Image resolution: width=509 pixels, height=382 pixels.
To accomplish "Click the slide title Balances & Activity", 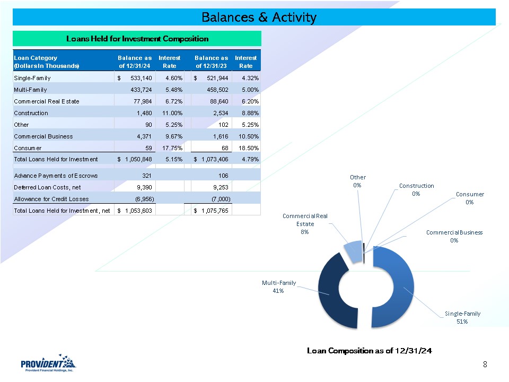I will (259, 18).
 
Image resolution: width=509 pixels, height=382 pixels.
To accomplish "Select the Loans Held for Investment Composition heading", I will (137, 39).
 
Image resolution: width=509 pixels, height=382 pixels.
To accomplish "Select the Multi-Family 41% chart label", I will (279, 286).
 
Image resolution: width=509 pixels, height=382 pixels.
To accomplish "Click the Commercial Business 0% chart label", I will (454, 236).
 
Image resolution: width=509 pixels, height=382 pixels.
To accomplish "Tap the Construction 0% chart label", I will (416, 189).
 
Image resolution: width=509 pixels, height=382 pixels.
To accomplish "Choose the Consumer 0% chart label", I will (470, 198).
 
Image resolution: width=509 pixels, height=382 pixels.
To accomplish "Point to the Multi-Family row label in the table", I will (30, 90).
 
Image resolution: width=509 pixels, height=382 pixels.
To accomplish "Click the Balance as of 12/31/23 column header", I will (211, 62).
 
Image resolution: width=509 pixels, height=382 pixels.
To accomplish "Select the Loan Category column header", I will (46, 62).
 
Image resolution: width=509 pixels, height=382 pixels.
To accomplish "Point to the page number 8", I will (485, 364).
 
